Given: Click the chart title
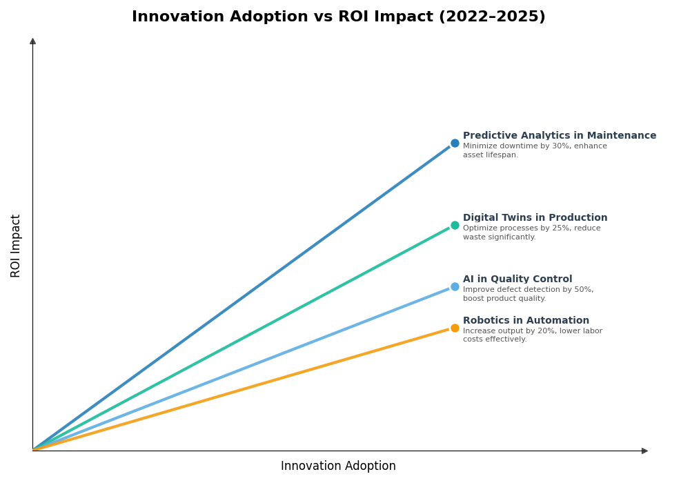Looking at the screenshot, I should point(338,17).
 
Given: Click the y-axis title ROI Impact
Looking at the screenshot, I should point(16,246).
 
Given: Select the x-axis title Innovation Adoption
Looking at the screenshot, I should point(338,466).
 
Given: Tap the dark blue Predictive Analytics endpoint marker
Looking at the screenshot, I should point(455,144).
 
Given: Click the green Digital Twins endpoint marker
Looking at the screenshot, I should point(455,226).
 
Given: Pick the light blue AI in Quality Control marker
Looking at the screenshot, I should point(455,287).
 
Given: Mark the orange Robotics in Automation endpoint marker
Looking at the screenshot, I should point(455,328).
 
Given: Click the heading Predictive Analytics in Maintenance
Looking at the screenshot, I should point(559,136).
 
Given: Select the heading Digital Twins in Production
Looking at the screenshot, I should point(535,218).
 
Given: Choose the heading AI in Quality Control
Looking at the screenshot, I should point(517,279).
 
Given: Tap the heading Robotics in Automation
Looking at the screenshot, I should point(526,321).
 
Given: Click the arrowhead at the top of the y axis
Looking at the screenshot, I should point(32,41).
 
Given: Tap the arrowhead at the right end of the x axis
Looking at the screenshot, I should point(644,451).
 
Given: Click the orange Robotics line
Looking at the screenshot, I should point(241,389).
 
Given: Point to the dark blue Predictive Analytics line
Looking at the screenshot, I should point(241,298).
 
